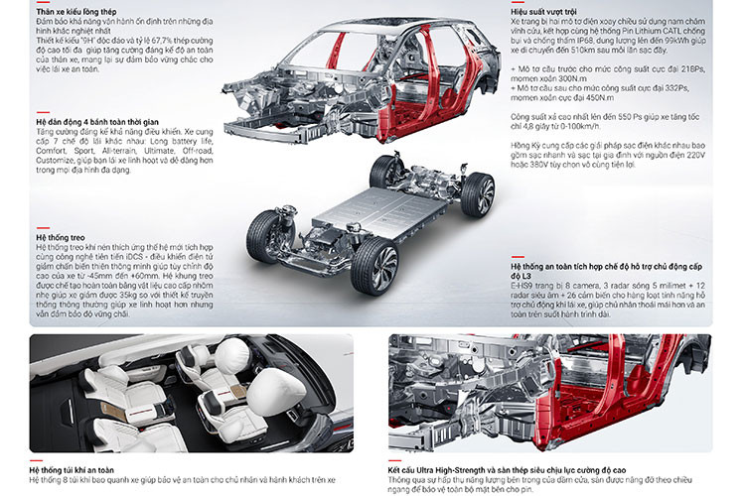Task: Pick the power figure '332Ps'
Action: [686, 88]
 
